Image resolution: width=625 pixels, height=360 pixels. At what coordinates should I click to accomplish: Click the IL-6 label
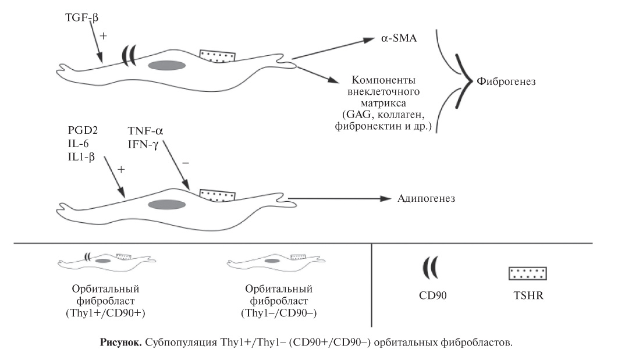76,144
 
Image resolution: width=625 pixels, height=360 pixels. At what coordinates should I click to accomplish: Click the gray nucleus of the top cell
167,65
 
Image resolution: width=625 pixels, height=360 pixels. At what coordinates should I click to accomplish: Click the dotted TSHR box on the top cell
217,56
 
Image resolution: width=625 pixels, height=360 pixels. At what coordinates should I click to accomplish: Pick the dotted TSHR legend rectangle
527,273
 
